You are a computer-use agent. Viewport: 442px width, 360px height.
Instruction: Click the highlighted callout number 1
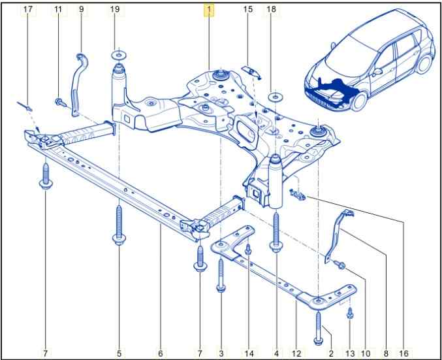(x=209, y=10)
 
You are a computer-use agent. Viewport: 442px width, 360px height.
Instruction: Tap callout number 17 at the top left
(x=27, y=10)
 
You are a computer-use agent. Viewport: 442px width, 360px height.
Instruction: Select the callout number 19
(x=115, y=10)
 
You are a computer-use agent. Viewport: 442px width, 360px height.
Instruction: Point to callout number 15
(x=248, y=10)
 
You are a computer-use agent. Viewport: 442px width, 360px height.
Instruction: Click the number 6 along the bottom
(x=160, y=353)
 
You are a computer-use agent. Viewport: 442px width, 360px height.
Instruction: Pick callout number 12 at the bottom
(x=296, y=353)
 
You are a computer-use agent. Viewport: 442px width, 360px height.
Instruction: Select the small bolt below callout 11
(x=59, y=102)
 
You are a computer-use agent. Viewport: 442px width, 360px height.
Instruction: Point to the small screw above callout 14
(x=249, y=248)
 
